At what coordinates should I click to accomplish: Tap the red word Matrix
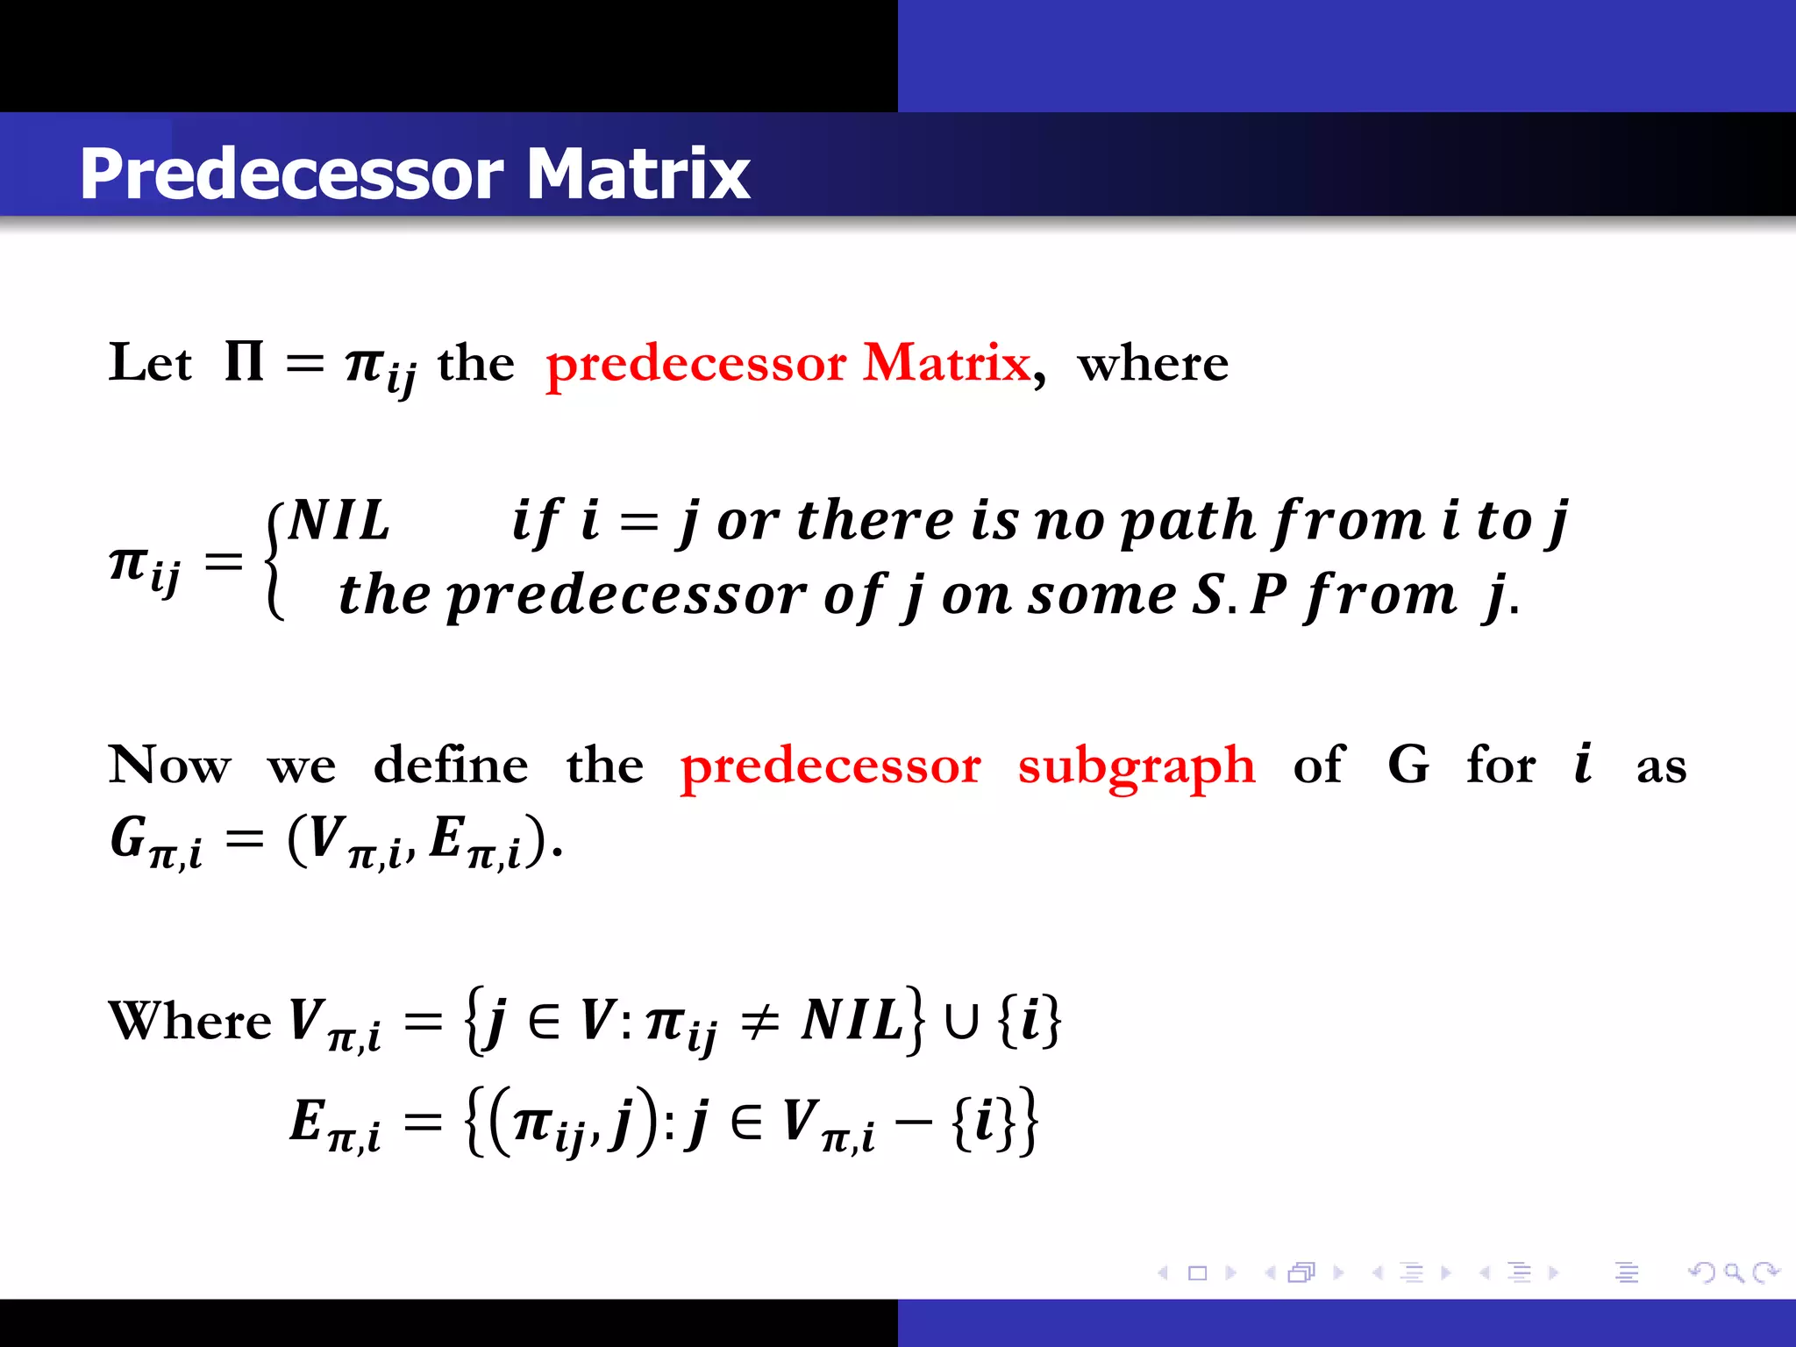tap(946, 362)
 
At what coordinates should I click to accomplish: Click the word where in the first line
tap(1152, 363)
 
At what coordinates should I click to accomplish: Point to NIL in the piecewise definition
tap(339, 520)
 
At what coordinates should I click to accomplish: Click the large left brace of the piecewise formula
tap(274, 559)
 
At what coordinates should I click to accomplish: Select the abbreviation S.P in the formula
tap(1240, 595)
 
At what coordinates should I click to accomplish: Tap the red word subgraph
tap(1137, 766)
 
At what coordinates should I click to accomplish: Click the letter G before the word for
tap(1408, 765)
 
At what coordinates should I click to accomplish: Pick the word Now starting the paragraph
tap(170, 765)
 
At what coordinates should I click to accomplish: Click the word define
tap(451, 765)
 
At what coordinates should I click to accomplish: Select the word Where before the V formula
tap(189, 1021)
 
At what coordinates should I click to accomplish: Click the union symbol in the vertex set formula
tap(961, 1023)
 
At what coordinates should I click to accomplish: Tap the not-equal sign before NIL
tap(759, 1023)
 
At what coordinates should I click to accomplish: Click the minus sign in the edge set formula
tap(913, 1123)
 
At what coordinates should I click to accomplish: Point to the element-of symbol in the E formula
tap(746, 1123)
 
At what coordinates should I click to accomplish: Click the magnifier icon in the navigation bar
tap(1733, 1272)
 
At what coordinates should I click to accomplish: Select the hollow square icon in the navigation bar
tap(1197, 1272)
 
